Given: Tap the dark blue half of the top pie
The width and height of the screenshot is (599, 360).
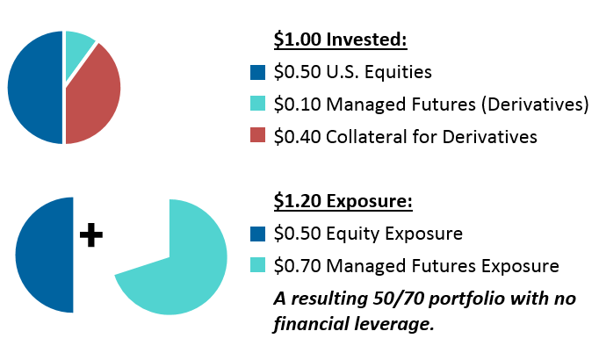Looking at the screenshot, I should click(x=35, y=88).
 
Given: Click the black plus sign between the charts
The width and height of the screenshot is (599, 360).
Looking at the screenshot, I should click(x=91, y=235).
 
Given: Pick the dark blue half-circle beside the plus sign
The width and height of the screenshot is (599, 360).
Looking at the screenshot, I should click(x=46, y=255).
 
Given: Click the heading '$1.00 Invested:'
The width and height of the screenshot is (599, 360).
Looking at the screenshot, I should click(x=339, y=41).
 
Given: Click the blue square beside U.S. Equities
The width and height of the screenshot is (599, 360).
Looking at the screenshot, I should click(x=257, y=73).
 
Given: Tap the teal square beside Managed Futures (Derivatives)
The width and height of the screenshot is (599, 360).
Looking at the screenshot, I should click(x=257, y=104).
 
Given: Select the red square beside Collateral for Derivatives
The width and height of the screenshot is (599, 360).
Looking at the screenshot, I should click(x=257, y=136).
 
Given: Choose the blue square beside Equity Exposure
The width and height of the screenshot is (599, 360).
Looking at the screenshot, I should click(x=257, y=234).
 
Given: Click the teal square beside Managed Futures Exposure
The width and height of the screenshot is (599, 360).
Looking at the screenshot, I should click(x=257, y=265).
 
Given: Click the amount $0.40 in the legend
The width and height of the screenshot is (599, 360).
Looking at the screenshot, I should click(x=299, y=136).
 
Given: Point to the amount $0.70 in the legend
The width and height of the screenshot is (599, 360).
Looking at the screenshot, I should click(x=299, y=265).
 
